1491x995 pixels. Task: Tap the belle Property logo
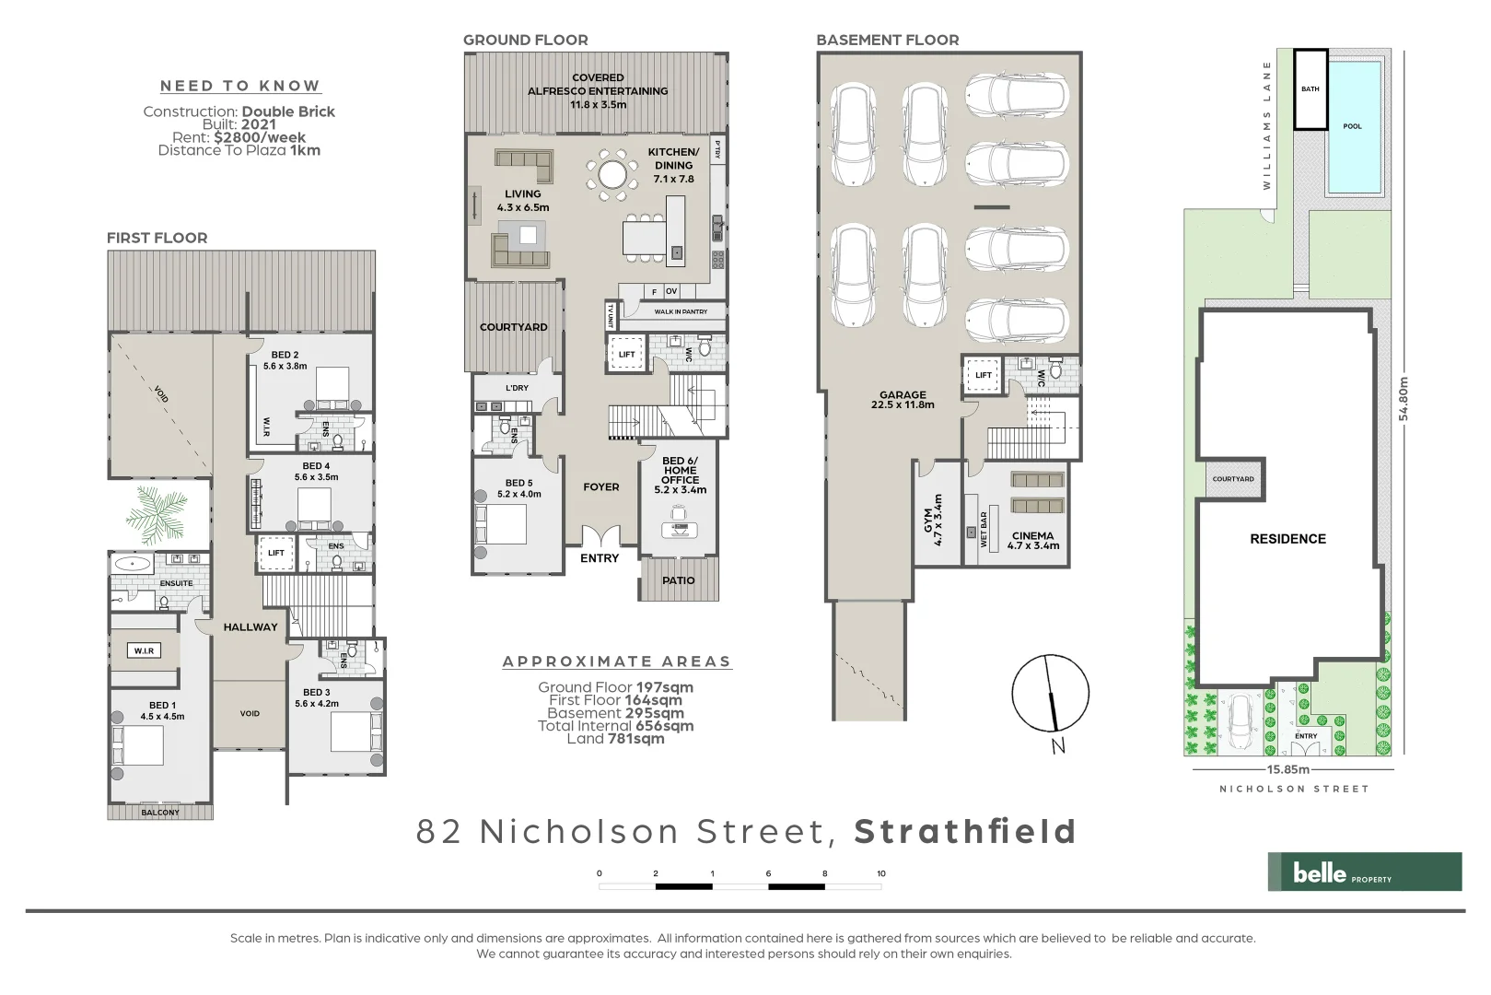click(1364, 872)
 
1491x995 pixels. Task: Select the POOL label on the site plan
click(1352, 126)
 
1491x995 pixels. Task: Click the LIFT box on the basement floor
click(984, 375)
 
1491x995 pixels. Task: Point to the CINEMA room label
click(1032, 535)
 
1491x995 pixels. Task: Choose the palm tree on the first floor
click(158, 515)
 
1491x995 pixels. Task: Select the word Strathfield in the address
click(965, 831)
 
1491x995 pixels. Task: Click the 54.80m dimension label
click(1404, 398)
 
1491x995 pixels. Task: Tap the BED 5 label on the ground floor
click(518, 483)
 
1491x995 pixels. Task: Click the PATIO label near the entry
click(679, 580)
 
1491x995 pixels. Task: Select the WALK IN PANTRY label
click(681, 312)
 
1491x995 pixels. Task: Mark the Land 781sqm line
click(615, 739)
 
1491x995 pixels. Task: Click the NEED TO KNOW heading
click(239, 86)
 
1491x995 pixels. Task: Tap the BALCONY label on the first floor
click(160, 813)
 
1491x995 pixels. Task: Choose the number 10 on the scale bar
click(881, 873)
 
